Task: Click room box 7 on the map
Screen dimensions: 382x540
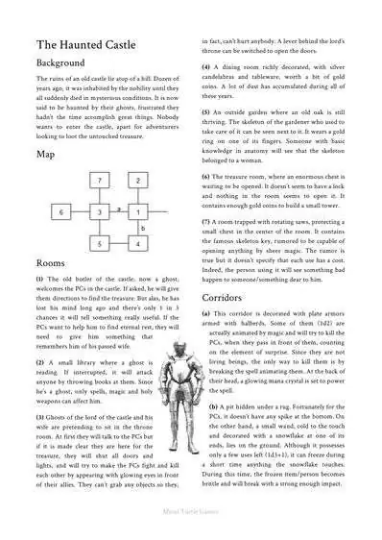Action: click(100, 180)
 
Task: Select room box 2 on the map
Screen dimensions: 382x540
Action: click(138, 180)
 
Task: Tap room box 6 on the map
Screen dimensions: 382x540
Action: click(60, 211)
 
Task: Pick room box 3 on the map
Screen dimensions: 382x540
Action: click(100, 211)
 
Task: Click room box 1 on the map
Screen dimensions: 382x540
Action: click(138, 211)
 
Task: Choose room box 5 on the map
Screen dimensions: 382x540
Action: click(100, 244)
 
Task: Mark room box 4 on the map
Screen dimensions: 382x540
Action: click(138, 244)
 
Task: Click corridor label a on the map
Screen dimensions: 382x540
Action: click(118, 207)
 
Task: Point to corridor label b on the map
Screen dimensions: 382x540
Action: click(143, 229)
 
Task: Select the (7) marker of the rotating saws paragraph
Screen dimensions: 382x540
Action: click(206, 222)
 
